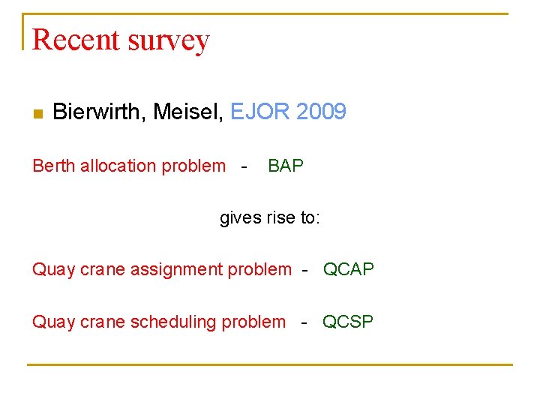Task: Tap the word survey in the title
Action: click(170, 40)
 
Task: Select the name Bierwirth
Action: click(100, 112)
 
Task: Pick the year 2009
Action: click(321, 112)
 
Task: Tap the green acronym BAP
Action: click(286, 166)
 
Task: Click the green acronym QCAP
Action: click(349, 269)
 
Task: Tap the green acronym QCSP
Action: click(348, 322)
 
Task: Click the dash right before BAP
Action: click(244, 166)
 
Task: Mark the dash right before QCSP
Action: click(304, 322)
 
